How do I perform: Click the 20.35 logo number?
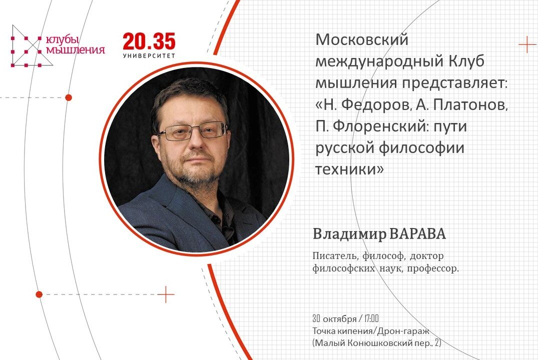click(149, 42)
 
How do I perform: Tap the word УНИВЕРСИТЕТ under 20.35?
click(149, 55)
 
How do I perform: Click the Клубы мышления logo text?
click(75, 44)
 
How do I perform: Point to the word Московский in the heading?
click(362, 39)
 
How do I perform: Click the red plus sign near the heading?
click(527, 44)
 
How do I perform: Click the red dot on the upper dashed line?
click(69, 97)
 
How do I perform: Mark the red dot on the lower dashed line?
click(39, 294)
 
